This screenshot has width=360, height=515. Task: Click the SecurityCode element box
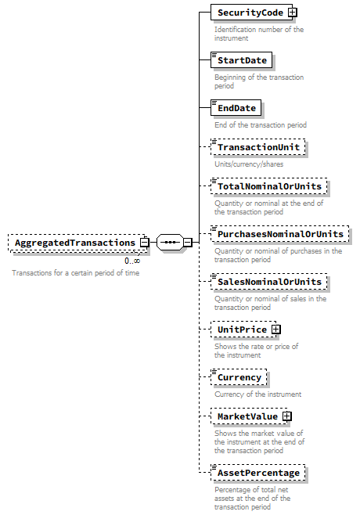pos(248,13)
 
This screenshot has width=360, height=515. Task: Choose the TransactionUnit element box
pos(257,147)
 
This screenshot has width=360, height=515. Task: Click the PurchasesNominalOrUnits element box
pos(279,234)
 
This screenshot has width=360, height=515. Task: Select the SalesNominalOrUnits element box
pos(268,282)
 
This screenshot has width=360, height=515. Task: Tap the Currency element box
pos(239,377)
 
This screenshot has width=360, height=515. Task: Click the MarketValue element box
pos(247,416)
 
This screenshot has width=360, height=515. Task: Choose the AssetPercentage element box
pos(257,473)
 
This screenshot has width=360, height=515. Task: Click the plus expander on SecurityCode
pos(290,13)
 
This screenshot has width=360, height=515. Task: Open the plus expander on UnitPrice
pos(275,330)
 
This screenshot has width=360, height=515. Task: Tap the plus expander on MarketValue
pos(286,416)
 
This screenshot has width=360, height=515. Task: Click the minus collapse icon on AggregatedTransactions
pos(145,243)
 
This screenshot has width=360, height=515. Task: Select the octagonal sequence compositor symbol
pos(169,243)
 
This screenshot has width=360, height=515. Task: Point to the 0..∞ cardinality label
pos(132,261)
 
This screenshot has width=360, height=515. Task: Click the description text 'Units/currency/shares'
pos(250,164)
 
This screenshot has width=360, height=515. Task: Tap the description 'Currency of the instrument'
pos(257,394)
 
